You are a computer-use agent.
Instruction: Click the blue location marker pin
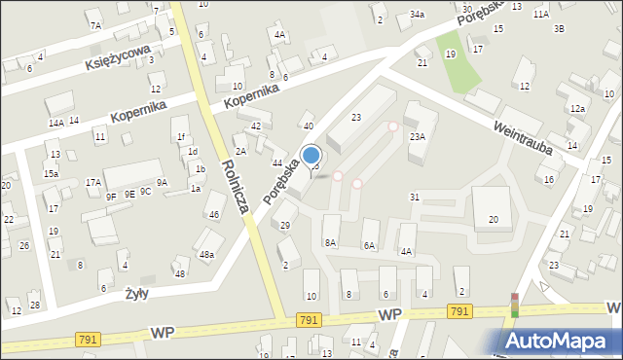click(311, 156)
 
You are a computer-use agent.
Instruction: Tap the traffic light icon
click(514, 305)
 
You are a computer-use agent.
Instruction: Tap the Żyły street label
click(135, 292)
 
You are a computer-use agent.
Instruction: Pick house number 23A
click(418, 137)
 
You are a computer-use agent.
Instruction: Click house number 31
click(415, 198)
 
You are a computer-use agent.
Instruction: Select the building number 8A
click(330, 243)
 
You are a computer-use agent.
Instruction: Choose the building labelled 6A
click(369, 247)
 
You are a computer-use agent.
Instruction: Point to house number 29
click(285, 226)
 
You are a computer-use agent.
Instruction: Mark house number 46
click(213, 214)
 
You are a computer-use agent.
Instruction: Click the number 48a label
click(206, 255)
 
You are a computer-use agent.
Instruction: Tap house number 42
click(256, 126)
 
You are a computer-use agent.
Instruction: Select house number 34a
click(417, 15)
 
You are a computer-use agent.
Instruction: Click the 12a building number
click(577, 108)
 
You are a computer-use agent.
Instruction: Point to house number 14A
click(56, 123)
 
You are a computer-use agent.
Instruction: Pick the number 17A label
click(92, 182)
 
